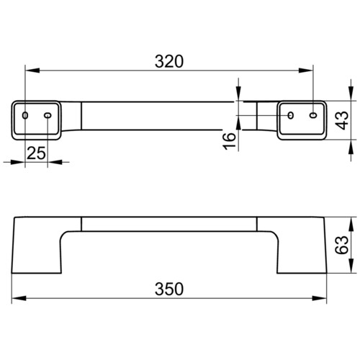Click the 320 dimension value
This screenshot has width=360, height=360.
(169, 61)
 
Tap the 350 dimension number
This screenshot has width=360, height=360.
(169, 289)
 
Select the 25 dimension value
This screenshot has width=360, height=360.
(36, 153)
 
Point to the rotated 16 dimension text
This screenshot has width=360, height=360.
(230, 141)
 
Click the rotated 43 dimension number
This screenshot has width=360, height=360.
(342, 120)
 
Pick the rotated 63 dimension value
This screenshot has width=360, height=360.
(342, 245)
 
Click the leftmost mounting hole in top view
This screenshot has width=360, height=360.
(25, 115)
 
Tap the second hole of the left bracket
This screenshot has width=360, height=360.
(48, 115)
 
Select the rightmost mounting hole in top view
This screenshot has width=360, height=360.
(313, 115)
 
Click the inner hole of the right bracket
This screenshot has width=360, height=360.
(291, 115)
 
